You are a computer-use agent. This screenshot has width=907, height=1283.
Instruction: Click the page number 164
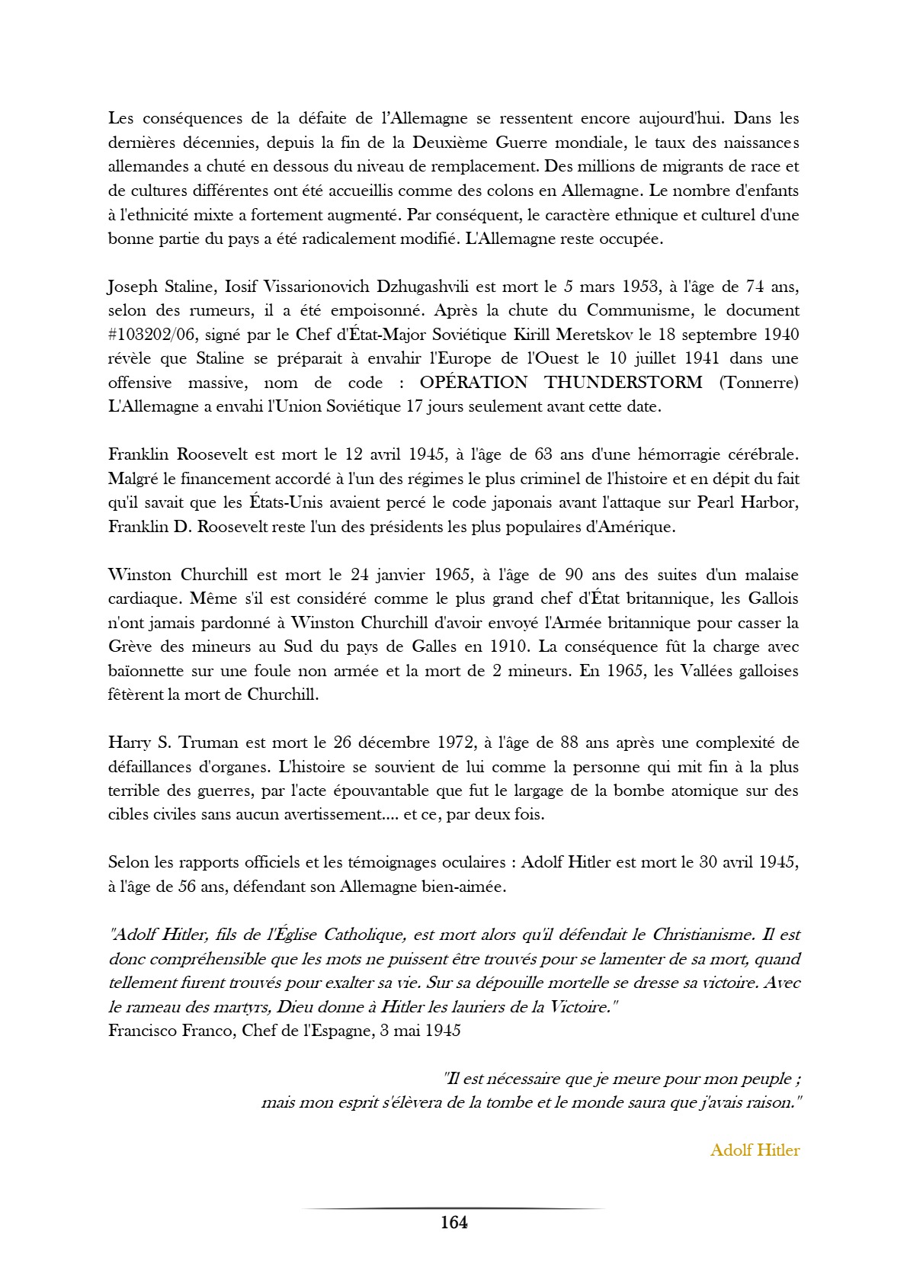click(x=453, y=1223)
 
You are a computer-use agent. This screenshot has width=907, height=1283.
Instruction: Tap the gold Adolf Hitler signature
click(x=755, y=1150)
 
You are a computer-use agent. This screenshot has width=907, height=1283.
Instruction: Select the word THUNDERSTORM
click(x=623, y=382)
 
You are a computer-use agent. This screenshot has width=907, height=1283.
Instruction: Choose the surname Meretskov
click(x=602, y=335)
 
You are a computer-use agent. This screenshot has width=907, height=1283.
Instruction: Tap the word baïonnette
click(x=146, y=671)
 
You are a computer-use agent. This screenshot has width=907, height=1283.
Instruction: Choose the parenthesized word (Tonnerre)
click(x=758, y=382)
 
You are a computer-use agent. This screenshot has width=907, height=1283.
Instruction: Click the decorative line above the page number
click(x=453, y=1208)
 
